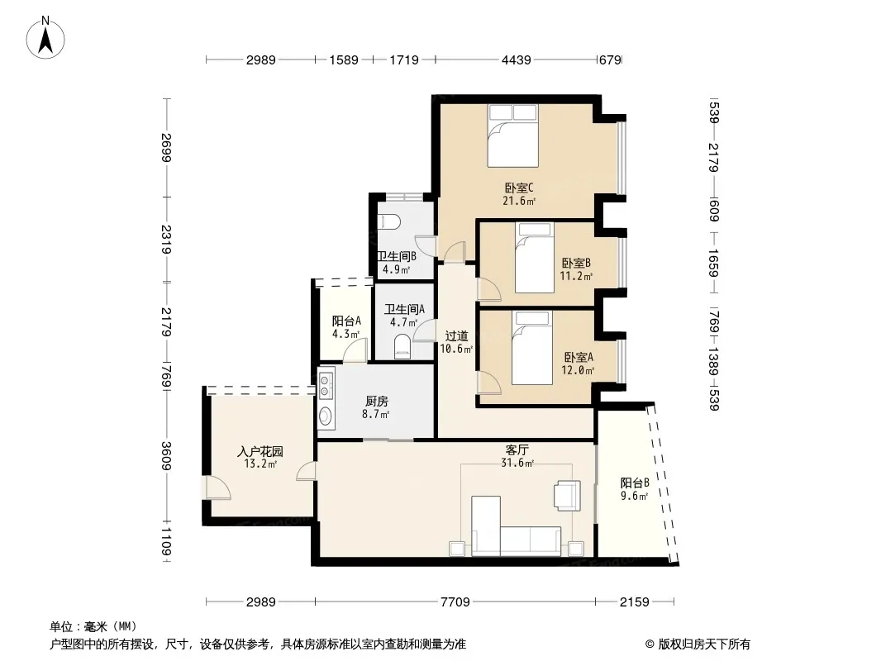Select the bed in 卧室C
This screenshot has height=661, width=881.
click(512, 136)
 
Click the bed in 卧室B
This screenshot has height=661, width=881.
click(535, 257)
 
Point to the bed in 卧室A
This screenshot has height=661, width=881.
click(532, 348)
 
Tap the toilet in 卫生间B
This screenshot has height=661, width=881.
click(388, 222)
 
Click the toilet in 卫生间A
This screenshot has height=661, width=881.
click(402, 346)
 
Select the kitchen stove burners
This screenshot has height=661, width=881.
click(325, 385)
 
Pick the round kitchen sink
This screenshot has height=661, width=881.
click(326, 416)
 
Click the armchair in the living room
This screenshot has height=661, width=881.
click(568, 495)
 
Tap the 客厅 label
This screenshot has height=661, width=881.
click(517, 449)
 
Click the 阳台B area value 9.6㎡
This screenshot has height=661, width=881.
click(635, 496)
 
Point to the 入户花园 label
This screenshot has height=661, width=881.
click(260, 451)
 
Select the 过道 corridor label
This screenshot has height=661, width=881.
click(456, 335)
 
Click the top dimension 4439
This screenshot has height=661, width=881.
click(516, 59)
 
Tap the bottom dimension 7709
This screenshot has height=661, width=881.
click(455, 602)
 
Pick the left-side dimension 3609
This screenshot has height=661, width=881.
click(166, 456)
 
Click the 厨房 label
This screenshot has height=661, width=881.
click(376, 402)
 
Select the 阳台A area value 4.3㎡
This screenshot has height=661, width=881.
click(345, 334)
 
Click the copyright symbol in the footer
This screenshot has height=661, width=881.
click(650, 644)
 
